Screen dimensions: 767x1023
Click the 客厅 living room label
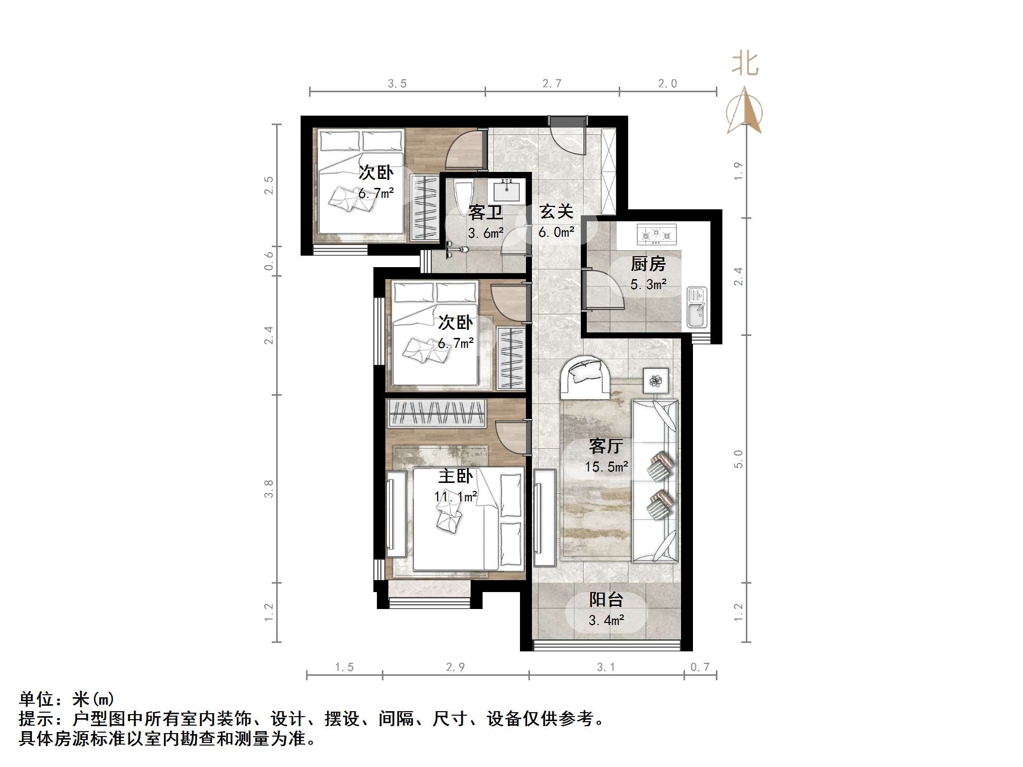coord(606,446)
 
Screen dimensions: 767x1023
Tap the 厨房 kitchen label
coord(648,264)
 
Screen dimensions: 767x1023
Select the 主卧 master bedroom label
coord(456,476)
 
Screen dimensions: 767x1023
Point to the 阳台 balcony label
coord(606,600)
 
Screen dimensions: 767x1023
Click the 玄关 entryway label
coord(556,212)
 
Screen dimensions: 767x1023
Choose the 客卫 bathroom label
coord(486,213)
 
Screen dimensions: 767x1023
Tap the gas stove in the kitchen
coord(657,234)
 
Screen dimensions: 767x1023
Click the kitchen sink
coord(696,307)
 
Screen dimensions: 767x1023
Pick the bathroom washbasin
coord(507,191)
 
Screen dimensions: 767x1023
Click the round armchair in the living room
coord(586,377)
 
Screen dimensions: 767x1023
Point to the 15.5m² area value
coord(606,467)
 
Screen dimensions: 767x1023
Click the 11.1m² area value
coord(456,497)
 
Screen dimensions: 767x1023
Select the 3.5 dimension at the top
coord(397,84)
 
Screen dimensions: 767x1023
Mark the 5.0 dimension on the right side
coord(738,459)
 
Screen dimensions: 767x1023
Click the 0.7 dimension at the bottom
coord(700,667)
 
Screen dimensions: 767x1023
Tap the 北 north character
coord(745,64)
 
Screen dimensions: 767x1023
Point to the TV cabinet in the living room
coord(544,517)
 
